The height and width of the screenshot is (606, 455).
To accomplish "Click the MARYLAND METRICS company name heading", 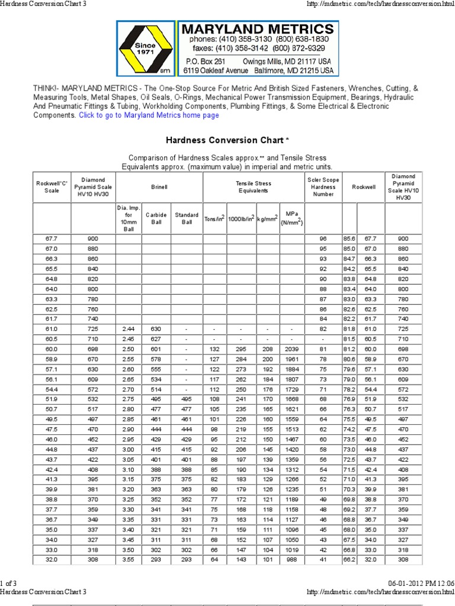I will coord(257,28).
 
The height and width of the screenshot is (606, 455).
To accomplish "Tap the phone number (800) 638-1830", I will coord(305,39).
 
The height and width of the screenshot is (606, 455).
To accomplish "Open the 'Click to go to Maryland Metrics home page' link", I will coord(149,115).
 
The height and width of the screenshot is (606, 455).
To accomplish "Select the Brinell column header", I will coord(159,187).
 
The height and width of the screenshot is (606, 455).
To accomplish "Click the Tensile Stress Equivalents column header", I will coord(253,187).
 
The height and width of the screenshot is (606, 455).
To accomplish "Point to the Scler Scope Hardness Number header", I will coord(323,187).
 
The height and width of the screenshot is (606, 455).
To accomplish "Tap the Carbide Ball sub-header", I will coord(156,218).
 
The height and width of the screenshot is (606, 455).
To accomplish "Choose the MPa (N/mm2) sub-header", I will coord(291,218).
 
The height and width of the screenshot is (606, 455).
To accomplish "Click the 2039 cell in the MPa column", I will coord(291,349).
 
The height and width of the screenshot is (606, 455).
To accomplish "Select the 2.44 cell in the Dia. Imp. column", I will coord(129,328).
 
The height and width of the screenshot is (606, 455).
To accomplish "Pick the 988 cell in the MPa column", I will coord(291,559).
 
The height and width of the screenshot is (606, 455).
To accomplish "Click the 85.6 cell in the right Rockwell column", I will coord(350,238).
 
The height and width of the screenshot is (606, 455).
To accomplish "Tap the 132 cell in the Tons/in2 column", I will coord(214,349).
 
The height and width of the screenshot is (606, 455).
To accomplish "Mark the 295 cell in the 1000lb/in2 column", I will coord(241,349).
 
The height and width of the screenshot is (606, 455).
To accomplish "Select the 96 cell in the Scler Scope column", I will coord(323,238).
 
